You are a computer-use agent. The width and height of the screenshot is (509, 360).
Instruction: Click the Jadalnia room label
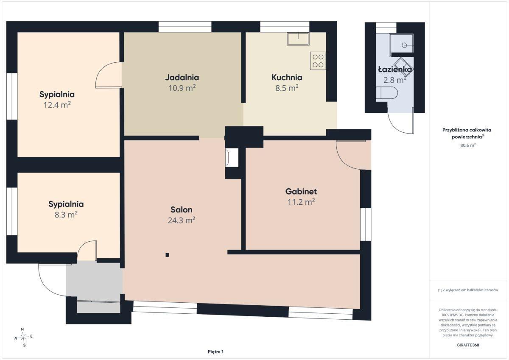point(182,78)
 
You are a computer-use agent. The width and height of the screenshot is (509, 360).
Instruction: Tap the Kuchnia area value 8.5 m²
point(287,88)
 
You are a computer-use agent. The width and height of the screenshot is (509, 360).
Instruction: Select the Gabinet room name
point(301,192)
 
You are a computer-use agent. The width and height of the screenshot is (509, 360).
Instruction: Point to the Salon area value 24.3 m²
point(182,220)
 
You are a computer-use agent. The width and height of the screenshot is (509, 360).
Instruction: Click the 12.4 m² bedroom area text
point(57,105)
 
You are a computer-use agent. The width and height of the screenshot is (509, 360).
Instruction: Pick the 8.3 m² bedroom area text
point(66,215)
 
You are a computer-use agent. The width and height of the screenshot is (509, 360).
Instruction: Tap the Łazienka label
point(395,70)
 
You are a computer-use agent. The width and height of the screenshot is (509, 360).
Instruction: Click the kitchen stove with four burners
point(318,61)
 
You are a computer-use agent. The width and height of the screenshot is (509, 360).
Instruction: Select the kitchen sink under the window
point(298,39)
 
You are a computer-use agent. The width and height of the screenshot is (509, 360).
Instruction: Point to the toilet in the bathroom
point(387,93)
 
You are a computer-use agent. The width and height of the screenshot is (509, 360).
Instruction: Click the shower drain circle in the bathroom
point(404,45)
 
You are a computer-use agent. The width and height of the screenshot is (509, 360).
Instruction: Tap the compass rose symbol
point(23,337)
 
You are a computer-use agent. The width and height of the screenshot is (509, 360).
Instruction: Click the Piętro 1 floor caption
point(215,352)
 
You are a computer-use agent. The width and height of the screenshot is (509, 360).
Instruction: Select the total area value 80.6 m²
point(468,145)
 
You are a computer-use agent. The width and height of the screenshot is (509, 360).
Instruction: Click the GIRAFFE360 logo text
point(468,345)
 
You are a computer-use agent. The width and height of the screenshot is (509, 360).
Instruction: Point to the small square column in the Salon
point(167,255)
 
